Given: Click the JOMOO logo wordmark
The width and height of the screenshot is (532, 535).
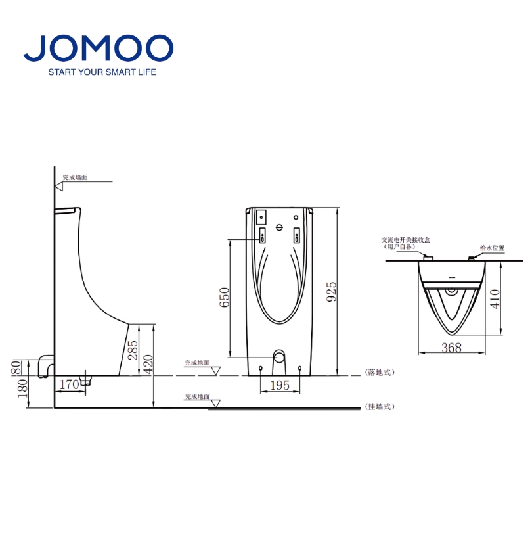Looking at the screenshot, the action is (x=99, y=48).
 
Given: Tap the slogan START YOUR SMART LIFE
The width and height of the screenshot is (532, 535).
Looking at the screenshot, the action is (x=102, y=72).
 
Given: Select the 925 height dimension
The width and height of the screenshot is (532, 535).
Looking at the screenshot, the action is (x=331, y=291).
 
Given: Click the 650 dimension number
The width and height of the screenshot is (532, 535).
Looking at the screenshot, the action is (x=224, y=297).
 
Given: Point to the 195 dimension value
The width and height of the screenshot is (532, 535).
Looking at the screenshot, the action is (x=280, y=385).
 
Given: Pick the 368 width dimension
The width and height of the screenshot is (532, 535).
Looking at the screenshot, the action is (x=451, y=347).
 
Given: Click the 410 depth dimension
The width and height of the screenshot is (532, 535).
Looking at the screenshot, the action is (x=495, y=298).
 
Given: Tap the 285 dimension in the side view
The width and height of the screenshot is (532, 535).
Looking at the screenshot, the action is (x=132, y=350).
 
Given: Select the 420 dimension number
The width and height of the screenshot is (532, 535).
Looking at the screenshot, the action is (x=148, y=364).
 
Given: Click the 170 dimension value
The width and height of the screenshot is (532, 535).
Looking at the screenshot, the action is (x=69, y=384).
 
